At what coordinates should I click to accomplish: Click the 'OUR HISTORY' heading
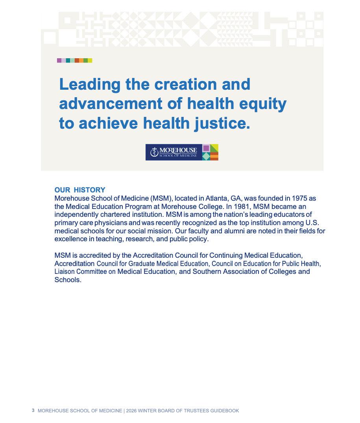[80, 190]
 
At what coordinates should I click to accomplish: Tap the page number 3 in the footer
[33, 410]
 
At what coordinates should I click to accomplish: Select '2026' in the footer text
[132, 411]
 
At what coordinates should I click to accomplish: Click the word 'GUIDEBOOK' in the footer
[224, 411]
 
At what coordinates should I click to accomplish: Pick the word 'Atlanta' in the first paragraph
[216, 198]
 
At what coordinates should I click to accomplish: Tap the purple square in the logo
[206, 148]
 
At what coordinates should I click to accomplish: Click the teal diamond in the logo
[206, 156]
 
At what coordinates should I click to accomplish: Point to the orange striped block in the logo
[214, 156]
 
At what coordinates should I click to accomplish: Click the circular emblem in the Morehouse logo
[154, 152]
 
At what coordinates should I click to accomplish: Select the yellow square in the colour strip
[90, 61]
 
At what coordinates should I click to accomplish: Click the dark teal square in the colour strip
[68, 61]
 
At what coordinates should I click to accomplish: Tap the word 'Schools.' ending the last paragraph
[68, 280]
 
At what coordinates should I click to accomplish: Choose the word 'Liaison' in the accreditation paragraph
[65, 272]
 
